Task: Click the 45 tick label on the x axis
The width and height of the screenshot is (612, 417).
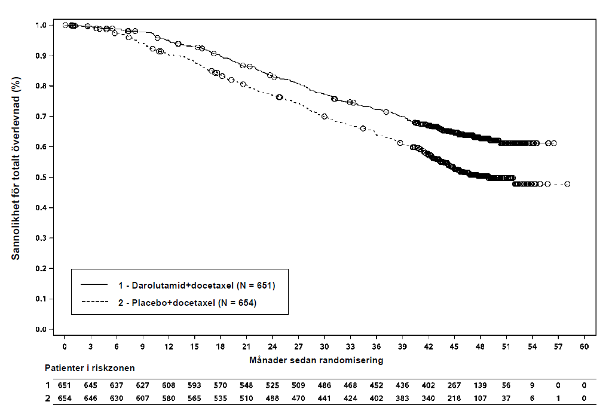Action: (x=454, y=347)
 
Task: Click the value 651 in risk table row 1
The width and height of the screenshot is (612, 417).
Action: (x=65, y=385)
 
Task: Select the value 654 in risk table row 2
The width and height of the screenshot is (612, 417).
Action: (x=65, y=398)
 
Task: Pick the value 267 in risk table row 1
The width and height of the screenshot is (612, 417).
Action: (x=454, y=385)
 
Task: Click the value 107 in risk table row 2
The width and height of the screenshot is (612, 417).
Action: (x=480, y=398)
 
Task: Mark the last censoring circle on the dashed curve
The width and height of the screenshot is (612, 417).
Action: (x=567, y=184)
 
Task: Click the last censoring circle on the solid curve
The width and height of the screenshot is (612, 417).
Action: (x=554, y=143)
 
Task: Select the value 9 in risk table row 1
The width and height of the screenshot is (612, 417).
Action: (x=532, y=385)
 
